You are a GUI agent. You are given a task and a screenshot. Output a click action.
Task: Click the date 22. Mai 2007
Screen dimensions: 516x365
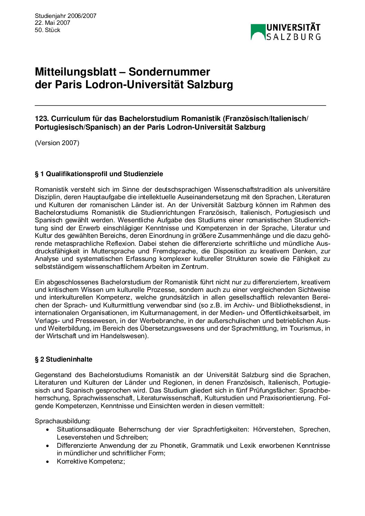(52, 23)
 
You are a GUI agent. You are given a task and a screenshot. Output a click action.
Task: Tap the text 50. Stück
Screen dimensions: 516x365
(48, 30)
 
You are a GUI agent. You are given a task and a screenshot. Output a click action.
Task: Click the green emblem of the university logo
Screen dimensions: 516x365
(258, 32)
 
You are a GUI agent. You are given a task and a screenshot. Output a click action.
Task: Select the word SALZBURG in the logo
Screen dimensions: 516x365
(294, 37)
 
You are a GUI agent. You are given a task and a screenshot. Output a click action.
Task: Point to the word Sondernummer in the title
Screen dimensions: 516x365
(169, 72)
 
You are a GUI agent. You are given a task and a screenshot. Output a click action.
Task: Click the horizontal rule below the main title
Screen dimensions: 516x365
(180, 105)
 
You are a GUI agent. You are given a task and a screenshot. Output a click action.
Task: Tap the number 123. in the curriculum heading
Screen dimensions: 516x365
(42, 119)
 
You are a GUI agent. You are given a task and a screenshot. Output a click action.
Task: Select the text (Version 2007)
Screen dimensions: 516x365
(57, 143)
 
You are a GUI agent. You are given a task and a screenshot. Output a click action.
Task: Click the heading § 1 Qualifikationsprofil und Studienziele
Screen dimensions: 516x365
(99, 174)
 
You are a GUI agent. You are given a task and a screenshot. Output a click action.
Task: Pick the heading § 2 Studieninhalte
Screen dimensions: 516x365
(64, 360)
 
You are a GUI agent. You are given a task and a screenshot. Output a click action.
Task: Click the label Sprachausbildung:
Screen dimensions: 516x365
(63, 421)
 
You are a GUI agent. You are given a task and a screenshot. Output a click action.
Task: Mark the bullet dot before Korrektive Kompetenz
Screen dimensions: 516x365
(48, 462)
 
